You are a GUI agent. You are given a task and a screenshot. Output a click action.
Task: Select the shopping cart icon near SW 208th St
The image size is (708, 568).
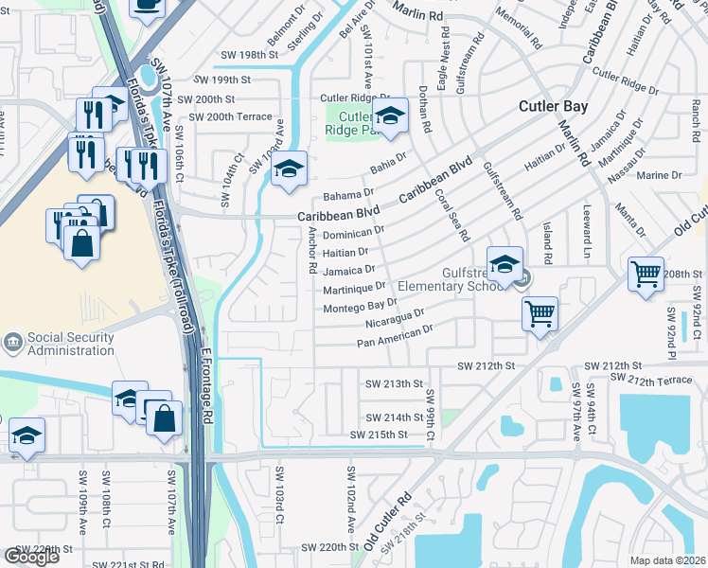pos(646,275)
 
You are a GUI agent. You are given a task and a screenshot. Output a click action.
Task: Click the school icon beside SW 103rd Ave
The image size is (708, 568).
pos(289,169)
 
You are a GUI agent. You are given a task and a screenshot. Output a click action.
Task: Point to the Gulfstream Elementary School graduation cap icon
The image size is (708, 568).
pos(505,264)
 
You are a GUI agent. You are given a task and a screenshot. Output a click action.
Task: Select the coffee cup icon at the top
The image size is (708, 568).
pos(147,6)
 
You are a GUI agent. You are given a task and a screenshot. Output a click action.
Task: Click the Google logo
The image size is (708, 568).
pos(31,557)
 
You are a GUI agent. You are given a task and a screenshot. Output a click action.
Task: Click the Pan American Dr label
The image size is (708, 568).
pos(395,335)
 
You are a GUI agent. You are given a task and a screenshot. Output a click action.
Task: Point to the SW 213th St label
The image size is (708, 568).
pos(393,383)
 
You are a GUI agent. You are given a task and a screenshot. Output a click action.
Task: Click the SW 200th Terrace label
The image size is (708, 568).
pos(230,116)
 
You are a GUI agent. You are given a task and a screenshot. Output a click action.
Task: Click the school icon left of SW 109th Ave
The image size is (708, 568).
pos(27,436)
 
